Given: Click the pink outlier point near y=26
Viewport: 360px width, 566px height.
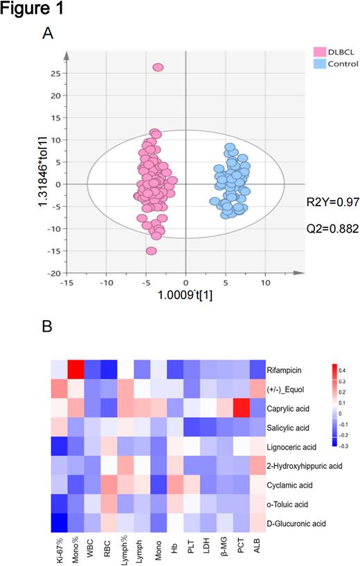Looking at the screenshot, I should coord(158,67).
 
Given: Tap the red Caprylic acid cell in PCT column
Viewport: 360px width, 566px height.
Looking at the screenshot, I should coord(240,410).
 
